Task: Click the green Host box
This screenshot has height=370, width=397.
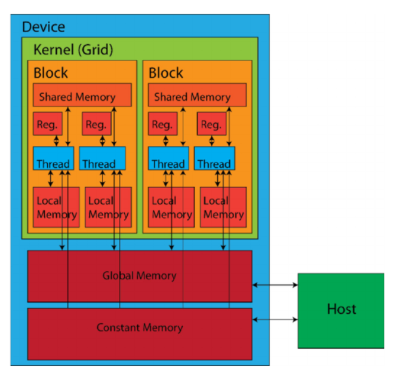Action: [341, 310]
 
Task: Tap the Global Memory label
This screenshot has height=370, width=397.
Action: [139, 276]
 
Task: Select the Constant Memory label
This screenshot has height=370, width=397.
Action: [139, 328]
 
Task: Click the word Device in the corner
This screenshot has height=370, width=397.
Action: [43, 27]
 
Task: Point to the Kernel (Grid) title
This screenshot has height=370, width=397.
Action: [73, 50]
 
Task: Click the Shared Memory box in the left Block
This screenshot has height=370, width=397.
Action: [82, 96]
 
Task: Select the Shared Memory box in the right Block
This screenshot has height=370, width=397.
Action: [197, 96]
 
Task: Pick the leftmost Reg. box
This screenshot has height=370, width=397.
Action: [47, 124]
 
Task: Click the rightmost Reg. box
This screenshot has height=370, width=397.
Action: [212, 124]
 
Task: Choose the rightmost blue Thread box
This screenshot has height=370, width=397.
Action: [214, 158]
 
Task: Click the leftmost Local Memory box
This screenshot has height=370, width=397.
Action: [56, 207]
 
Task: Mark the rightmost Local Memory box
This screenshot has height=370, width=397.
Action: [223, 207]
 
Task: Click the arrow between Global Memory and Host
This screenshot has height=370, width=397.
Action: [275, 285]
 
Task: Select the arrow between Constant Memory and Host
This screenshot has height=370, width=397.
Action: [275, 320]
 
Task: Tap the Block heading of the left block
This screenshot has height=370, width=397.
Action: [51, 73]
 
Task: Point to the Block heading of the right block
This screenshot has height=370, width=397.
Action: [166, 73]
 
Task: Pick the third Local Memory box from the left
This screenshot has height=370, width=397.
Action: [171, 207]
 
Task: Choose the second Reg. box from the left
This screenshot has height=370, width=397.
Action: [96, 124]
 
